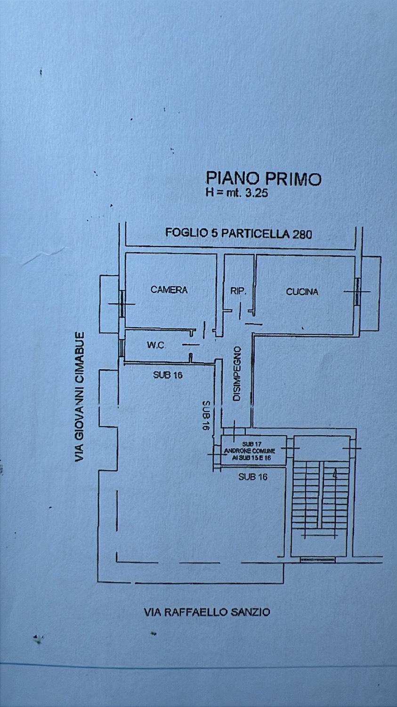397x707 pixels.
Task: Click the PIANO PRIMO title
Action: pos(264,179)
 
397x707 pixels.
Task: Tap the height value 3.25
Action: pos(257,192)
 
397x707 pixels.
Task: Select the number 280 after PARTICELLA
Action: pos(302,233)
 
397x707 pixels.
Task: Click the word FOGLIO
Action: pos(184,232)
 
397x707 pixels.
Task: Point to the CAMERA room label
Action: pos(169,290)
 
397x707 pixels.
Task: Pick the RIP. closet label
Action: pos(238,291)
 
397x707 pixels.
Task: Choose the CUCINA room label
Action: pos(302,292)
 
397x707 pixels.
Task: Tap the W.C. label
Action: pos(156,345)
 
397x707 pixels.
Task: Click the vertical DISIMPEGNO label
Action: pos(237,374)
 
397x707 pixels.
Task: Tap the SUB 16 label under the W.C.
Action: pos(168,376)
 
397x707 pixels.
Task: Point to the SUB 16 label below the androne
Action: pos(253,477)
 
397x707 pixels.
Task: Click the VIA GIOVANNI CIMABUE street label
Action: pos(81,397)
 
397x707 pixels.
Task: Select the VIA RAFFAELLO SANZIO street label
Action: pos(207,612)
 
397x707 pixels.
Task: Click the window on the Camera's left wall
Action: pos(122,304)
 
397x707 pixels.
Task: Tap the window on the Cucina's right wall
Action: pos(357,291)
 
